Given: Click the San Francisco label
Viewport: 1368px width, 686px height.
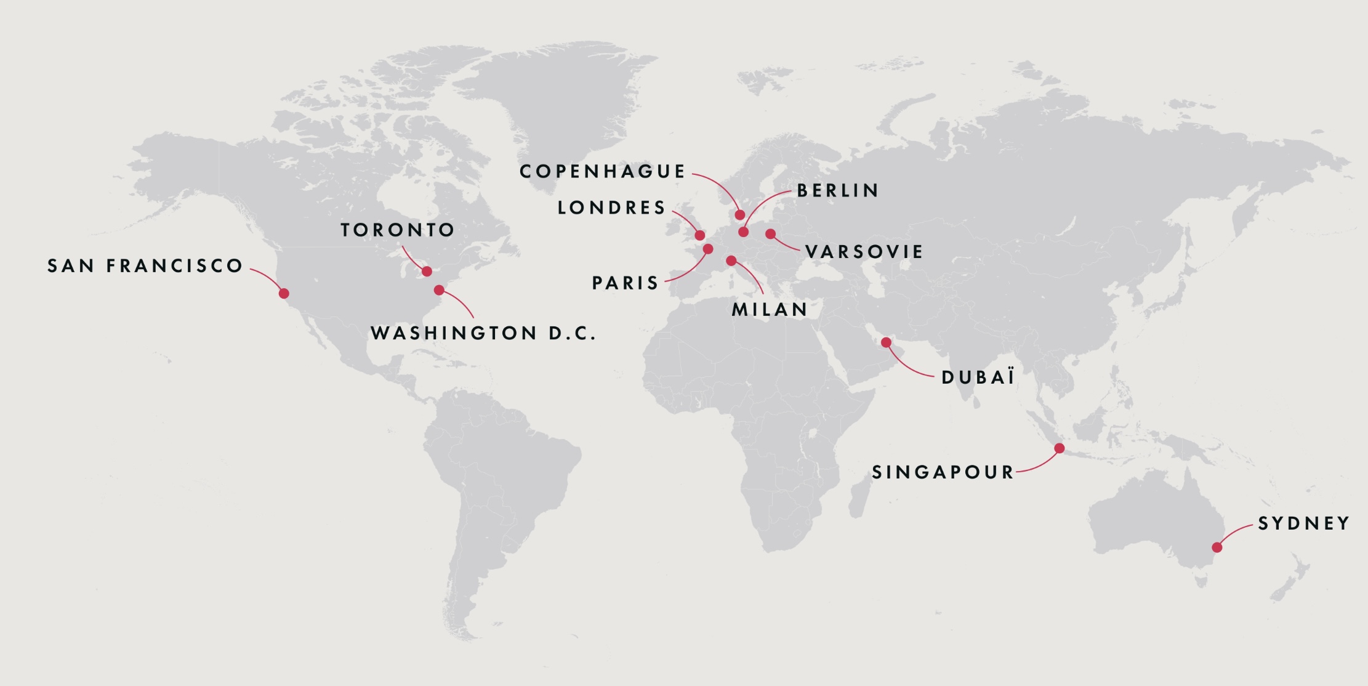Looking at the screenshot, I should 145,266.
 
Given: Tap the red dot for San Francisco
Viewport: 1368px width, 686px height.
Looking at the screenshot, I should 284,293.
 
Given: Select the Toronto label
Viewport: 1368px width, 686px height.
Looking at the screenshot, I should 398,230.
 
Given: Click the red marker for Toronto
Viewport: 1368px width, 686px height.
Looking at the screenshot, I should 427,271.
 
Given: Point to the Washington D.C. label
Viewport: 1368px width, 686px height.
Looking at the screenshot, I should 483,333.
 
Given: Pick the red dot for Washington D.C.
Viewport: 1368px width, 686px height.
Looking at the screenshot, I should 439,290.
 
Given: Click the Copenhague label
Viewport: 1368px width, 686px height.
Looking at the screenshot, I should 602,171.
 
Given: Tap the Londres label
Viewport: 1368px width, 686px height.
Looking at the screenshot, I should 611,208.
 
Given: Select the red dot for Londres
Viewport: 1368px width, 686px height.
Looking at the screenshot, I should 699,235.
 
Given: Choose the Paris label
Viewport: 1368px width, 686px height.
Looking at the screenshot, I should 626,283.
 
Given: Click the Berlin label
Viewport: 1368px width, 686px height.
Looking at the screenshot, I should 838,191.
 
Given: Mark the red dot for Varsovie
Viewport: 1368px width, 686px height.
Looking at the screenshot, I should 770,233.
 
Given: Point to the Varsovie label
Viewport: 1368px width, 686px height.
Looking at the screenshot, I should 864,252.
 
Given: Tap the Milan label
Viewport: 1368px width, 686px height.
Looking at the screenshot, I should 770,310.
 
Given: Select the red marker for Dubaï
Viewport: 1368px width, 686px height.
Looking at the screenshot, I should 886,342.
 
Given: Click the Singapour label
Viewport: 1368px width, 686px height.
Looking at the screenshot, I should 943,472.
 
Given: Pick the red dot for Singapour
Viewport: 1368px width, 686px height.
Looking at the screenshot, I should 1059,448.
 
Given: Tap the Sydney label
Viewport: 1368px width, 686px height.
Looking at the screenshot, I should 1303,523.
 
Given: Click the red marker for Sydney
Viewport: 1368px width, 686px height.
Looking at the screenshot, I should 1217,547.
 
